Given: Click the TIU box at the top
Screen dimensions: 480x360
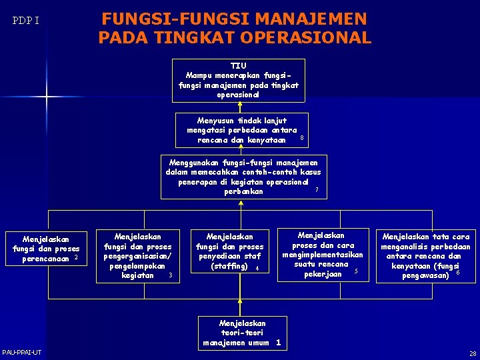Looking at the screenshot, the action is (238, 80).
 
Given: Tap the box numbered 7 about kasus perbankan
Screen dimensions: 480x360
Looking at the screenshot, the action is (243, 177).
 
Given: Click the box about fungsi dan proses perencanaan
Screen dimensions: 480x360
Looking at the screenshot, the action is (45, 248).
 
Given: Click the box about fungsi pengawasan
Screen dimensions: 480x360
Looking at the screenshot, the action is (426, 255).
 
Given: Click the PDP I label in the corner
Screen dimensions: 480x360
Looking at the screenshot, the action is (26, 21).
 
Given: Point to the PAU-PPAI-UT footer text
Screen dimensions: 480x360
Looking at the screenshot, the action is (21, 352).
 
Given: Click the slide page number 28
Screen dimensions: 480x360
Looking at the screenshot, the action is (472, 353).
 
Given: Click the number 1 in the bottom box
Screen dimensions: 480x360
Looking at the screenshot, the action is (278, 343).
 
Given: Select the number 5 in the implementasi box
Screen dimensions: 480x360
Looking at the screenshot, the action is (356, 271).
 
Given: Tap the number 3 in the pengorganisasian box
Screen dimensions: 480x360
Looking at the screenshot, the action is (171, 275).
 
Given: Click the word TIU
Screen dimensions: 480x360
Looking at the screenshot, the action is (238, 66).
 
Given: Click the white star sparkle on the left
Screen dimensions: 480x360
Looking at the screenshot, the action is (47, 98).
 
